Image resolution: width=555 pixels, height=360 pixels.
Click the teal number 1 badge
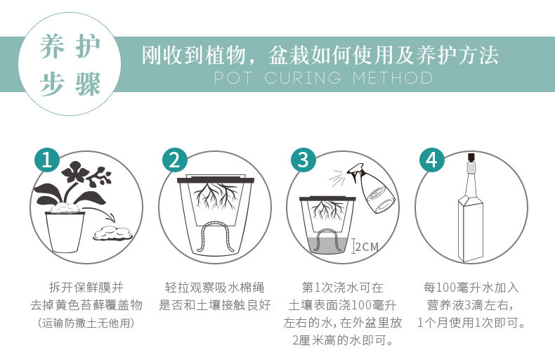point(47,160)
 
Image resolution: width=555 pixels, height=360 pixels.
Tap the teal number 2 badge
point(175,160)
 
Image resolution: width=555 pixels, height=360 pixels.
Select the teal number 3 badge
point(303,160)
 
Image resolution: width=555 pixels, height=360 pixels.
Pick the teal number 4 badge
point(432,160)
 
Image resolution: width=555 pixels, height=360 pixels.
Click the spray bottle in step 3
point(372,190)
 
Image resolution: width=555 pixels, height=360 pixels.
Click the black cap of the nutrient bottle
point(471,157)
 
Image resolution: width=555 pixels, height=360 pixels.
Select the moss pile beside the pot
point(112,234)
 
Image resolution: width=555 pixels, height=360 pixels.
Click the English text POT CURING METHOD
point(323,77)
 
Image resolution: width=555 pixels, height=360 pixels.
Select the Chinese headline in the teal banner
point(320,56)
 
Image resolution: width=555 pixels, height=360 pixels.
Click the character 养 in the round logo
point(53,47)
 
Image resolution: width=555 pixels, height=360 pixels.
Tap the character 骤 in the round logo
point(88,84)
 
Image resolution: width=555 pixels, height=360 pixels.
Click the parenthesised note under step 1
point(86,323)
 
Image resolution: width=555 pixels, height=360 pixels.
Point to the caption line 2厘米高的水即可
point(343,340)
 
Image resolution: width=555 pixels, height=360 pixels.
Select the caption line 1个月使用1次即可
point(471,323)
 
